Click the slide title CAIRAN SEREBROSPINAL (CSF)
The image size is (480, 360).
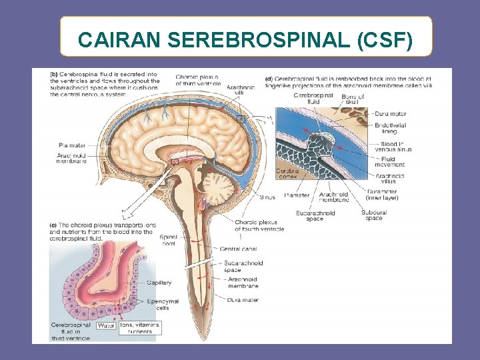click(245, 41)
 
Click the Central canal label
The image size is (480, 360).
click(238, 249)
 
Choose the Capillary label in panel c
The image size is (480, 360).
click(159, 283)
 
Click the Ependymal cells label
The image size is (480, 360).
click(161, 305)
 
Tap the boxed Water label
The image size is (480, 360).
click(106, 326)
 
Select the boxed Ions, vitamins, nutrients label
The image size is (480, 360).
click(140, 328)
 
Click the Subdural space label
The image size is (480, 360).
click(373, 215)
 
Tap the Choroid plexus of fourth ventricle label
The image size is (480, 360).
click(259, 225)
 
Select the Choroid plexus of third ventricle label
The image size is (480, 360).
click(197, 80)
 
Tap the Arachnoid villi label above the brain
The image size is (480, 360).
click(240, 90)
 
